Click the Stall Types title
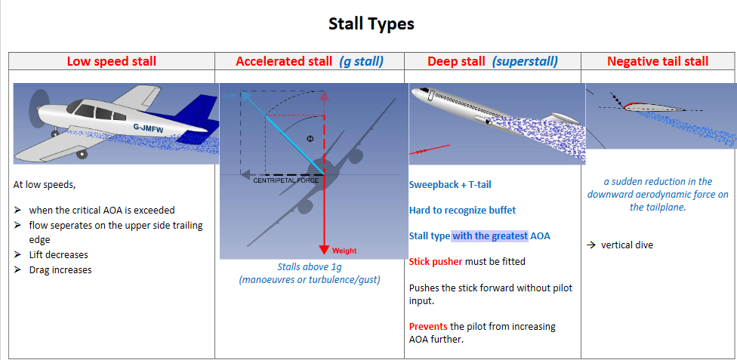click(x=371, y=23)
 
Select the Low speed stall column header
click(x=112, y=61)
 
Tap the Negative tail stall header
click(x=658, y=61)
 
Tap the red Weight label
click(x=344, y=251)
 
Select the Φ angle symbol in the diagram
click(x=310, y=139)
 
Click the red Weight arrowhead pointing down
click(x=323, y=248)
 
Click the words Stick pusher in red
click(x=436, y=261)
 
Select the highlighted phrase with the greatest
click(x=490, y=236)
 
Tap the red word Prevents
click(x=428, y=326)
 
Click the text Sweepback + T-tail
click(x=450, y=185)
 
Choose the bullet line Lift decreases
click(x=58, y=255)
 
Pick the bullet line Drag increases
click(x=60, y=269)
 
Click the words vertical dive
click(x=627, y=245)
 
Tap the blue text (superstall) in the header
click(x=525, y=62)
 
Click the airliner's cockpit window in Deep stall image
click(x=424, y=89)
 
